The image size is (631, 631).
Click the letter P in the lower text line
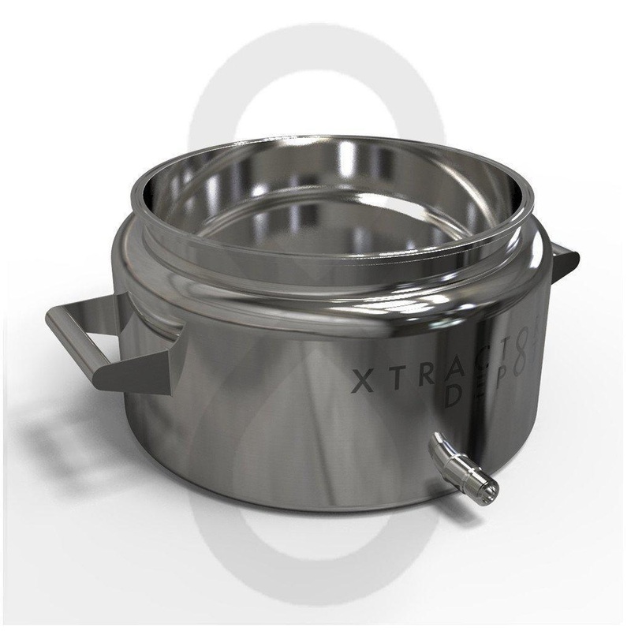coord(498,390)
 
